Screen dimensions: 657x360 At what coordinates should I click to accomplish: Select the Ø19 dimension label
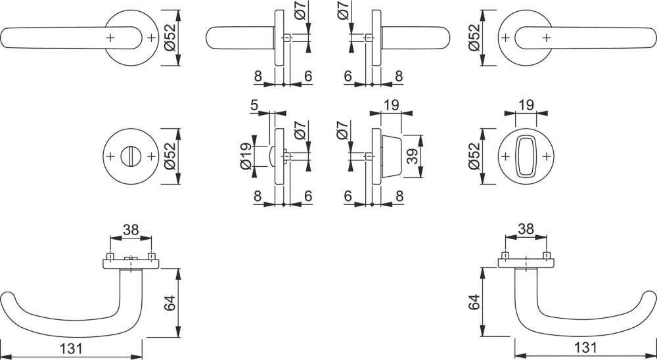[x=246, y=156]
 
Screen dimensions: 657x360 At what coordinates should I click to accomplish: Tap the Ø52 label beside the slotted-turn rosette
[x=170, y=156]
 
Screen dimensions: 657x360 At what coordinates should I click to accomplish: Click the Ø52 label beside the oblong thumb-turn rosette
[x=474, y=156]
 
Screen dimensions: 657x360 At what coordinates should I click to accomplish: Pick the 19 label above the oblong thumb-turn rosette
[x=526, y=104]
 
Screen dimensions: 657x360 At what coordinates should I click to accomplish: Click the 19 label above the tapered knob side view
[x=391, y=104]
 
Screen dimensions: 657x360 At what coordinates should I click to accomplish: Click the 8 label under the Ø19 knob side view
[x=258, y=196]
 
